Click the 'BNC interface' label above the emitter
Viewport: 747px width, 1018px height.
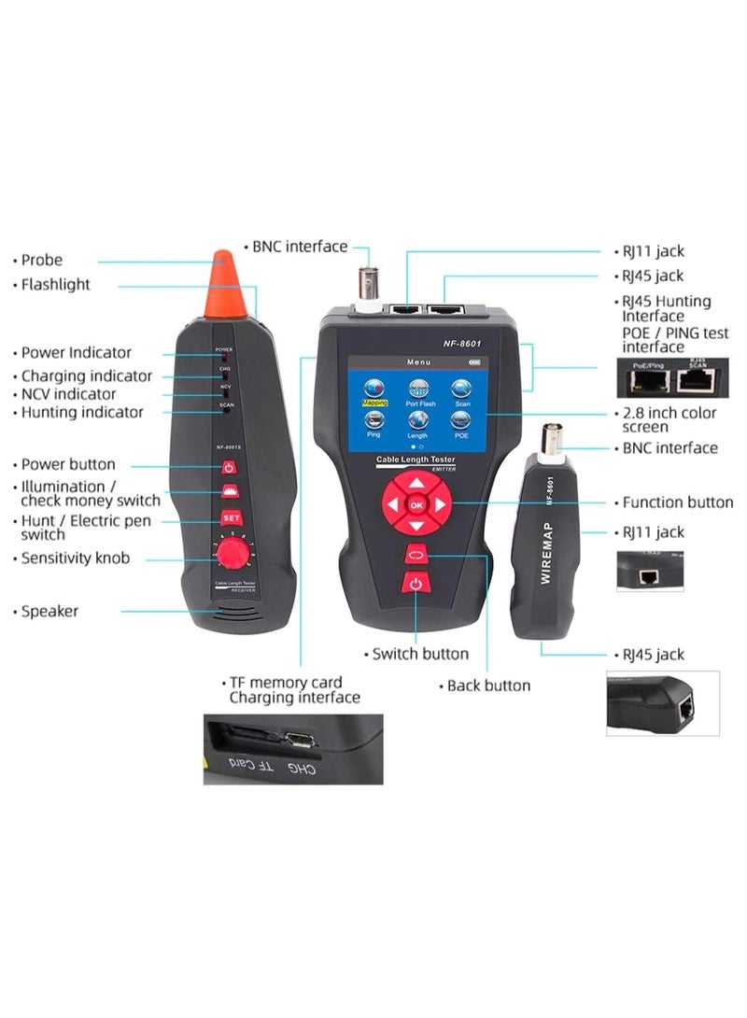[299, 247]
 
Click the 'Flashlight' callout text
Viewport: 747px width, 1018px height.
[56, 284]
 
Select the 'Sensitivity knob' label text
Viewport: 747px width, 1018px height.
[76, 558]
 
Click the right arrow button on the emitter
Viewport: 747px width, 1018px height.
[441, 505]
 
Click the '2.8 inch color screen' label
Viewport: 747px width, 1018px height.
[669, 419]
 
